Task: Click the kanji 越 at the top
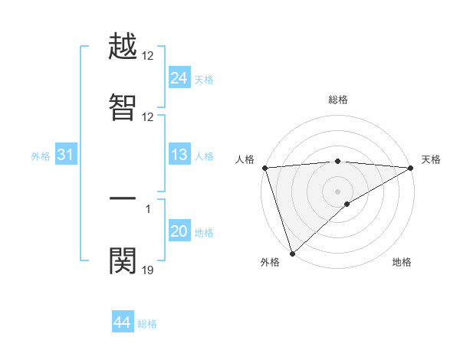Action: tap(123, 47)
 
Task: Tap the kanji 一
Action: tap(123, 198)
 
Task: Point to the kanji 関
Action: tap(123, 260)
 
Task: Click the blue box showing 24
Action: tap(179, 77)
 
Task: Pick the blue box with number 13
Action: tap(179, 155)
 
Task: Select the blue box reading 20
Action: tap(179, 231)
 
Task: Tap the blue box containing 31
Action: tap(65, 155)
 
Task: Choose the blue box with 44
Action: tap(122, 322)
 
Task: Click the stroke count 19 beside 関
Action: tap(148, 270)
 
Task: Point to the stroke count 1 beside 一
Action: tap(148, 208)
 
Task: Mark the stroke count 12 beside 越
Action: tap(148, 56)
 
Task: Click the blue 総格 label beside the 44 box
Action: tap(147, 324)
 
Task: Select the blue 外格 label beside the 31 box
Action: tap(41, 156)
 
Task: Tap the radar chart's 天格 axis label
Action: tap(431, 159)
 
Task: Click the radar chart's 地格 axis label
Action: tap(402, 263)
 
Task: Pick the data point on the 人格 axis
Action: tap(264, 168)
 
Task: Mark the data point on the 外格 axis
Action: tap(292, 254)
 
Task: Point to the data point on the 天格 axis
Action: tap(411, 168)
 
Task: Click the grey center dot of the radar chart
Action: tap(337, 191)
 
